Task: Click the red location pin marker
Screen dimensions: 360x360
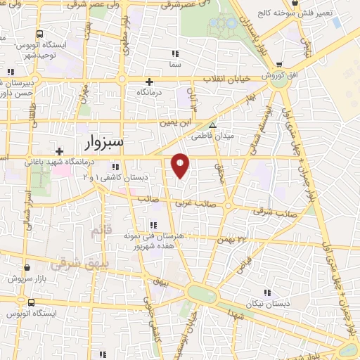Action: coord(181,165)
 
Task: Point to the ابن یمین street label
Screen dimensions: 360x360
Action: coord(175,122)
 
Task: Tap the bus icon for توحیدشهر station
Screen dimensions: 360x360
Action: coord(39,33)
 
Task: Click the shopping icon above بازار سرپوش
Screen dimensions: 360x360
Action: coord(27,268)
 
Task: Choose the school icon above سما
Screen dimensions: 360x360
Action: coord(175,53)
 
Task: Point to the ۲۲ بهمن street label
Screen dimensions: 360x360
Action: coord(233,240)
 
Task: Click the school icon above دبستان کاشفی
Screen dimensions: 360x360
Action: coord(115,167)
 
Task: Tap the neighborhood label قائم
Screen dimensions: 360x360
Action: coord(96,230)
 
